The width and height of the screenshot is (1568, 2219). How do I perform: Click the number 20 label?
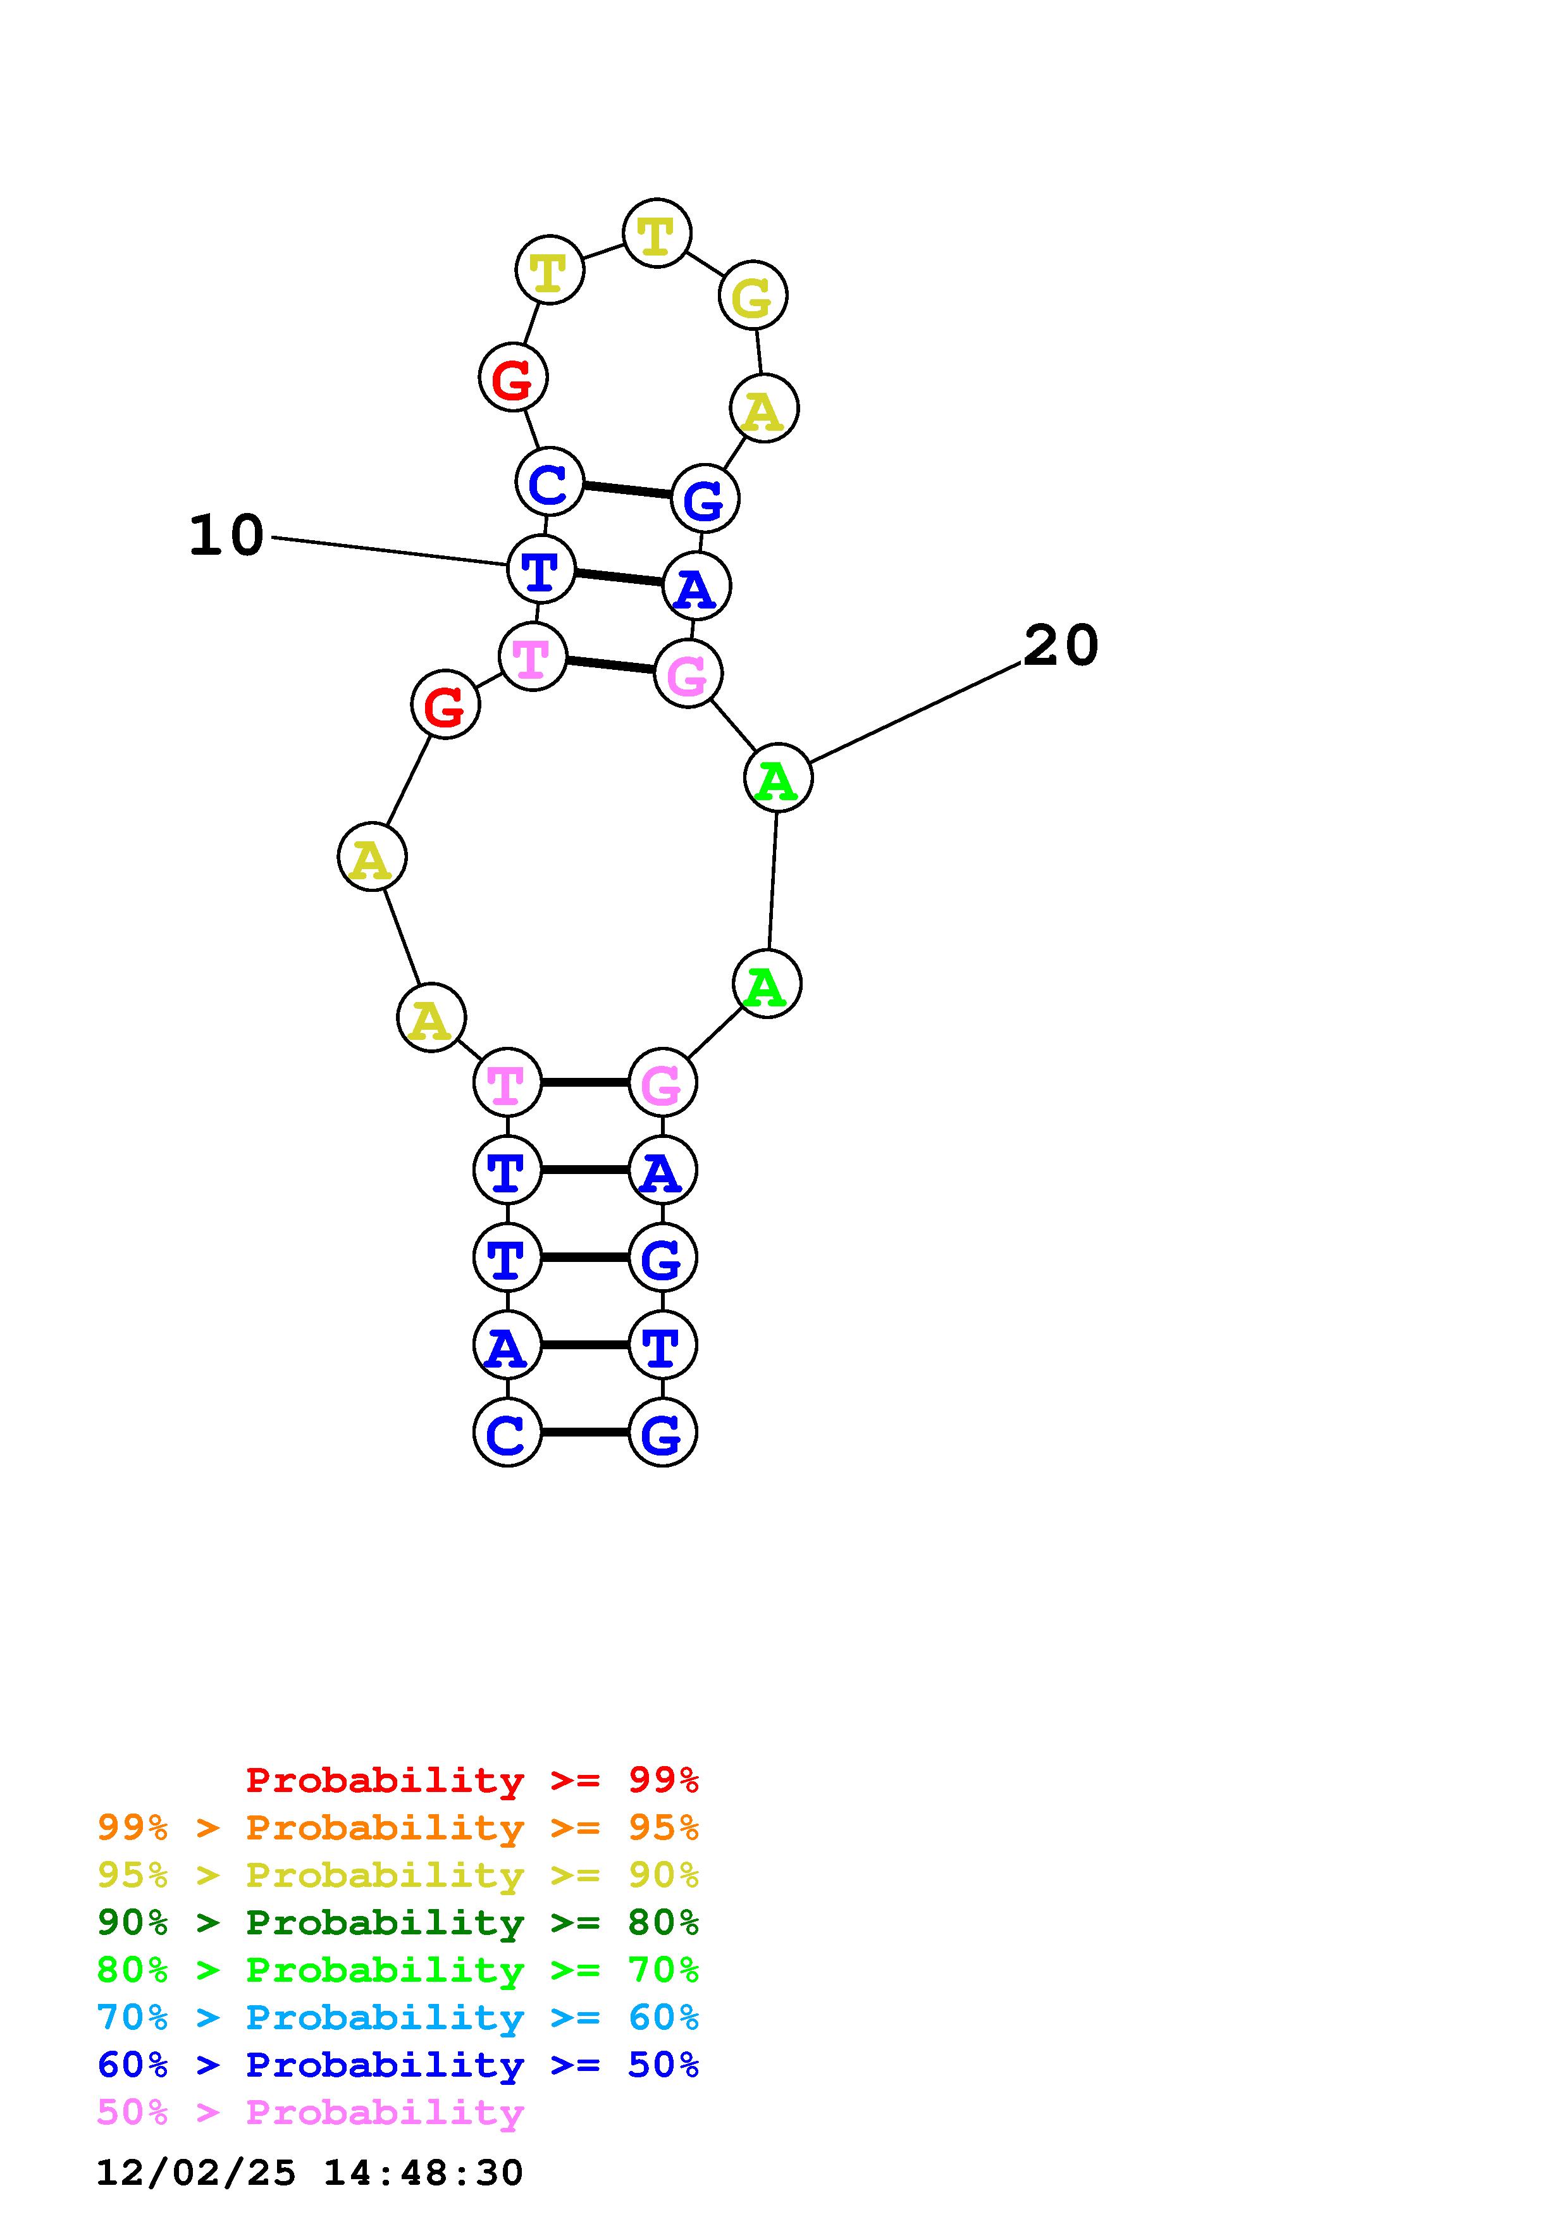(1060, 646)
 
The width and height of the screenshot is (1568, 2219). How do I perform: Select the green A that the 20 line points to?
(778, 778)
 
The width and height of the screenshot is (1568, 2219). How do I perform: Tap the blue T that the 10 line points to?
(541, 569)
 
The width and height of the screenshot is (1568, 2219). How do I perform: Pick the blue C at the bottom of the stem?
(507, 1432)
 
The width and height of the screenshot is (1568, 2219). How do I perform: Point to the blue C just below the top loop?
(550, 481)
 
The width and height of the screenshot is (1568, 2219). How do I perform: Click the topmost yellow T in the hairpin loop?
(657, 234)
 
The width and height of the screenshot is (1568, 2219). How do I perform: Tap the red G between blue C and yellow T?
(513, 377)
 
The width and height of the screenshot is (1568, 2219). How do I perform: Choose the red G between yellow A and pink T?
(445, 705)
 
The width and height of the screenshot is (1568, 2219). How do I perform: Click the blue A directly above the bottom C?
(507, 1345)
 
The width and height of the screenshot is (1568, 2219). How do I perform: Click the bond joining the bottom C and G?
(584, 1432)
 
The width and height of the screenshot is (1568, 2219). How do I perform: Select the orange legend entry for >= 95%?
(398, 1827)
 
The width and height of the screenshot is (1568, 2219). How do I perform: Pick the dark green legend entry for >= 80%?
(398, 1922)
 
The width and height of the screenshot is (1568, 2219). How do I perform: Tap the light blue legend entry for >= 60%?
(398, 2017)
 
